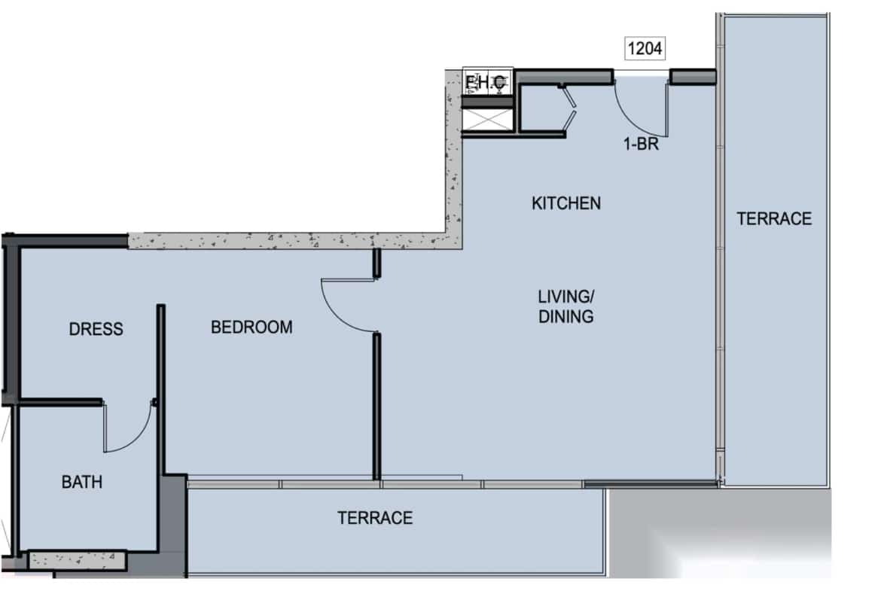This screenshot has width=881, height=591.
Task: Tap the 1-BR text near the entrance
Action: [x=641, y=144]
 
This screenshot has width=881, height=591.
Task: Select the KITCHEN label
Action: [x=566, y=203]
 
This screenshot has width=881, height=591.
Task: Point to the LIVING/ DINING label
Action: [x=565, y=305]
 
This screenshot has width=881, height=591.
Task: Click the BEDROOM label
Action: [x=251, y=327]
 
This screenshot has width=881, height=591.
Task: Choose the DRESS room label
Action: [x=96, y=329]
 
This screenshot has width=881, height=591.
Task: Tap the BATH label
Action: [x=81, y=482]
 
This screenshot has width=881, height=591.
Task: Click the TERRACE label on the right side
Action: [x=774, y=219]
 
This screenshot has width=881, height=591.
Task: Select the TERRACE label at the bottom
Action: [x=375, y=518]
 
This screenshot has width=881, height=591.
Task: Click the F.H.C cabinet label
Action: [x=487, y=82]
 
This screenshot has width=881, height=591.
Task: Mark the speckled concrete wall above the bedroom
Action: [x=286, y=241]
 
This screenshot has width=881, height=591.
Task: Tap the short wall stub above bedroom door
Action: [x=376, y=263]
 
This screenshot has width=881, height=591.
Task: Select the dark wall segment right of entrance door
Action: [x=693, y=76]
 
